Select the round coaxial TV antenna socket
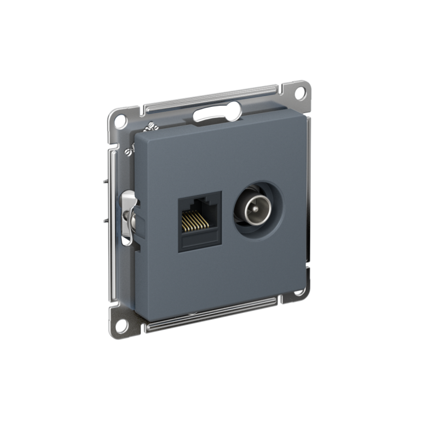coord(258,211)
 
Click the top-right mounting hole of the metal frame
coord(300,92)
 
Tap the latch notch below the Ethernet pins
coord(199,243)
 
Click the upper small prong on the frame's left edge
coord(105,181)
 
